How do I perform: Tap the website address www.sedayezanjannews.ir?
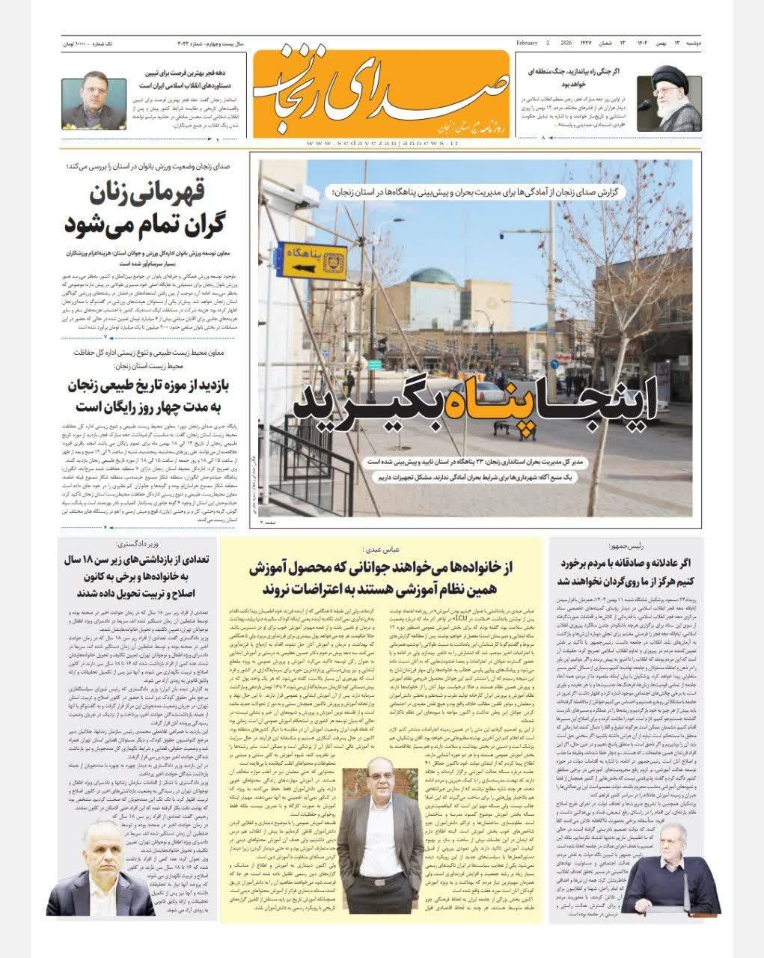pyautogui.click(x=381, y=142)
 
